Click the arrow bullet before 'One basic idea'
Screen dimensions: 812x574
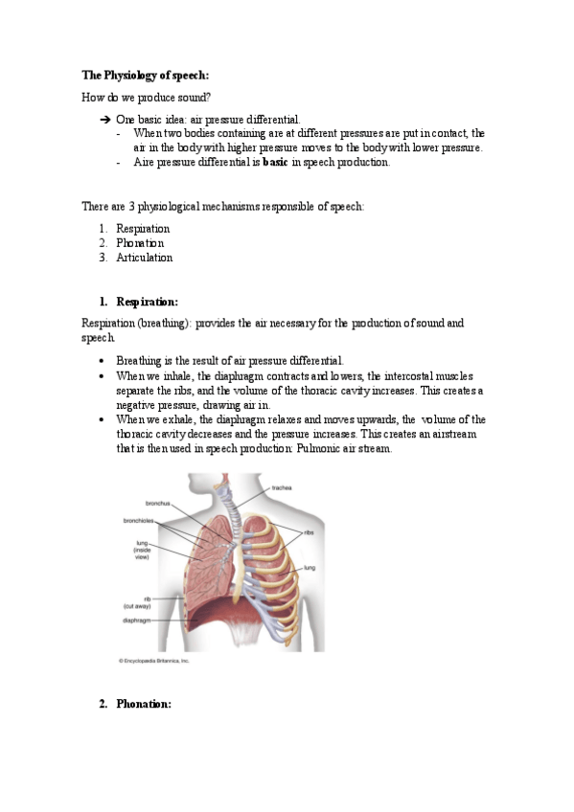click(105, 120)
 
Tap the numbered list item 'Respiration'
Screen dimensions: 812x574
click(143, 229)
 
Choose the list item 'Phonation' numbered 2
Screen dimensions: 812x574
click(140, 243)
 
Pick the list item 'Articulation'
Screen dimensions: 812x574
click(144, 258)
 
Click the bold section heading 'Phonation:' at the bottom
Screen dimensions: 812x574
click(143, 705)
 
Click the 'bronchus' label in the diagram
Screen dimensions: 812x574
click(158, 502)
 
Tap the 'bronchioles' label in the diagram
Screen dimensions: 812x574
click(140, 521)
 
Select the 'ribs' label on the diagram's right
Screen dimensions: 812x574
click(310, 531)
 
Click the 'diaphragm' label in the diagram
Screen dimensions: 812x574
click(135, 619)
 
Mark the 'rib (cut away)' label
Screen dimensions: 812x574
click(134, 602)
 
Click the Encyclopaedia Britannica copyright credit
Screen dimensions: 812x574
click(153, 661)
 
